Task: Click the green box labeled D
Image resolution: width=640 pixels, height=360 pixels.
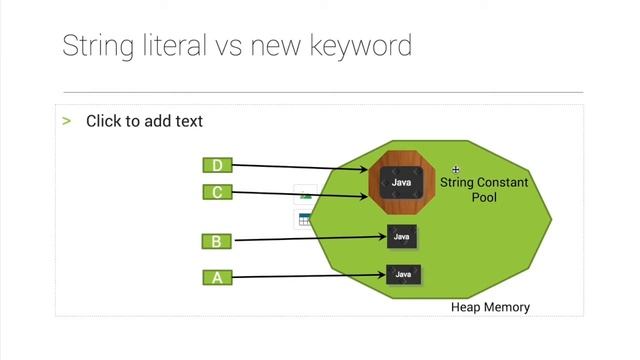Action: point(217,166)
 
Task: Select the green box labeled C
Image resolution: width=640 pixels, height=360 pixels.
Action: point(217,192)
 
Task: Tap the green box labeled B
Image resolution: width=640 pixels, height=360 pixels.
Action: point(217,241)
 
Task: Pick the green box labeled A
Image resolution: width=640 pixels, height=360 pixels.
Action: point(217,278)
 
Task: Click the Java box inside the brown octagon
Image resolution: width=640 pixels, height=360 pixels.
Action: point(402,182)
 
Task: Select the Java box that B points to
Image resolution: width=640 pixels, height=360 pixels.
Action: point(402,237)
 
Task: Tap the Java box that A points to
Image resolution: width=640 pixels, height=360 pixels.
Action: point(403,274)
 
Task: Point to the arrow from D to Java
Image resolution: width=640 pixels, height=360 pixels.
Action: point(300,168)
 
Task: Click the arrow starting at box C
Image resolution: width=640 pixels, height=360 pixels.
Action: point(300,194)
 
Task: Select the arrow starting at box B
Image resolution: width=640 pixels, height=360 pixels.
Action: point(310,239)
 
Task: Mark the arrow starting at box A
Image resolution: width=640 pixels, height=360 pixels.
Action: point(310,276)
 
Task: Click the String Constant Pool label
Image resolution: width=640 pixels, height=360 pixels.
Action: point(484,190)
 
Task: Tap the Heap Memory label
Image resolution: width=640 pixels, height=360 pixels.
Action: point(490,307)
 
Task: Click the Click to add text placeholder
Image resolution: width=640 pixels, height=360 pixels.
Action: point(144,121)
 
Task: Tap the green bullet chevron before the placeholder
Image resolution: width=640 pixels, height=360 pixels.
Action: point(67,121)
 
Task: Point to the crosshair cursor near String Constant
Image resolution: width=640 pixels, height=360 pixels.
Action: point(456,171)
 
